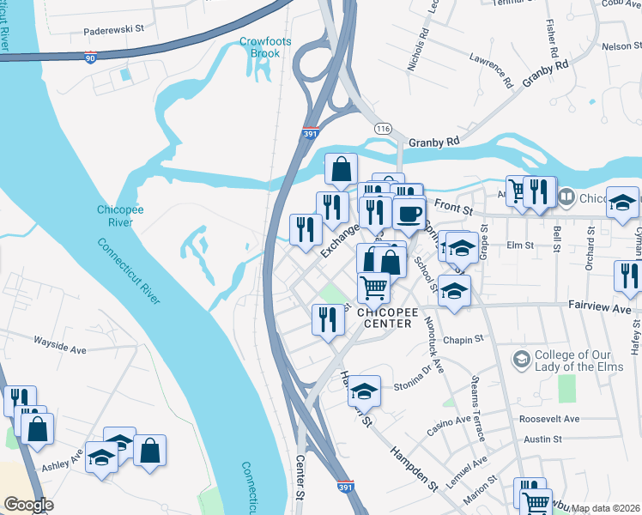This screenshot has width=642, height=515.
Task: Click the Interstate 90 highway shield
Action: [x=91, y=58]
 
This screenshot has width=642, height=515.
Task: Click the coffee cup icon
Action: [x=409, y=211]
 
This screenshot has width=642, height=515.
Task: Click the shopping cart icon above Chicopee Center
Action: [x=373, y=287]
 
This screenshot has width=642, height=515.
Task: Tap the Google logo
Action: [x=28, y=505]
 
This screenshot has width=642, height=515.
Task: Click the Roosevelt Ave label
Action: [x=549, y=419]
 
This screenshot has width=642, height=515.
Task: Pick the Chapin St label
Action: [x=464, y=340]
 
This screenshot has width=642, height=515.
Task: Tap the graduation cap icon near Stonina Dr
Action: [x=364, y=391]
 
